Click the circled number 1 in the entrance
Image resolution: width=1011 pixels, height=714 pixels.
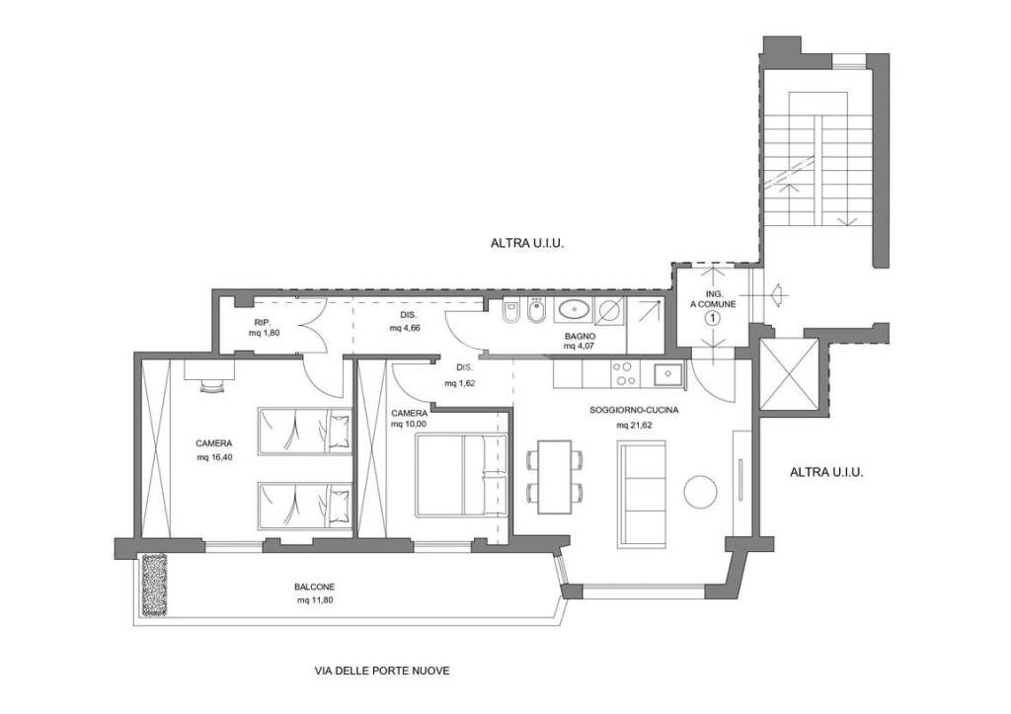click(x=713, y=317)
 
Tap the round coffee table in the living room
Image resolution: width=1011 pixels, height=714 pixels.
click(x=700, y=492)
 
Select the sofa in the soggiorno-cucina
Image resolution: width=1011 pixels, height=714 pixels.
click(x=642, y=495)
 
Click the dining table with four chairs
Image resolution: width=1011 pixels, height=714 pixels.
click(x=555, y=477)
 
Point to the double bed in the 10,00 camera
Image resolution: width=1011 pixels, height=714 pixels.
click(x=460, y=475)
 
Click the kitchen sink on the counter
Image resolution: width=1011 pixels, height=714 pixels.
click(x=668, y=374)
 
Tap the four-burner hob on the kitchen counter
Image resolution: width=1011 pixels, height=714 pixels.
click(x=624, y=373)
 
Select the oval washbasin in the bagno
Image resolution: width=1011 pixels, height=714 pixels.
click(x=574, y=310)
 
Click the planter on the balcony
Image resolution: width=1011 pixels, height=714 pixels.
click(x=155, y=585)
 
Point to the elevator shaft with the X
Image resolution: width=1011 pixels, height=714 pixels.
click(x=789, y=374)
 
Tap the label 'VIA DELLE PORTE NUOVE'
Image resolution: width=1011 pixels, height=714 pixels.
click(x=382, y=671)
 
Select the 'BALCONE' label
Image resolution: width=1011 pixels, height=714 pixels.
click(x=315, y=587)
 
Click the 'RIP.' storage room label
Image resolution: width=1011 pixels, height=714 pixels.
click(x=262, y=321)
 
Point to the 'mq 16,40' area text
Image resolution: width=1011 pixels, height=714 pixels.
click(x=214, y=457)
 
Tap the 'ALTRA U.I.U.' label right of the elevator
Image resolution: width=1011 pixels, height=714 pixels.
click(x=826, y=472)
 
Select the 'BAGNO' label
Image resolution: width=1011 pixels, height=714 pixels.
click(x=581, y=336)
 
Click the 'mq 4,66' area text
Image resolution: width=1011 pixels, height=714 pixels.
click(x=405, y=328)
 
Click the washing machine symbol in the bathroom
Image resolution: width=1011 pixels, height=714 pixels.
click(x=608, y=310)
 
